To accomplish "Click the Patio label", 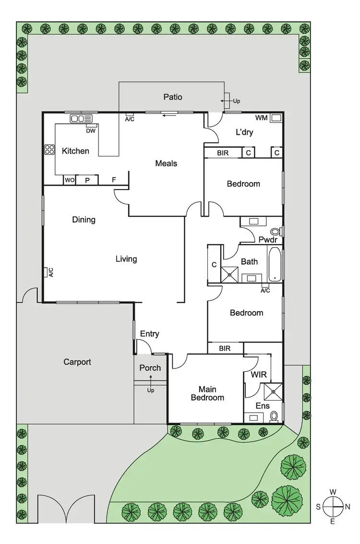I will (x=173, y=97).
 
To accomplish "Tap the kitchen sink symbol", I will (x=82, y=118).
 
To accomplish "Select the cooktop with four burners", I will (x=49, y=150).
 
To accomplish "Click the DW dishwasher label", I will (x=90, y=130).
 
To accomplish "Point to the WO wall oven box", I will (x=70, y=180).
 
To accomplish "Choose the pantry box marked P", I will (x=88, y=180).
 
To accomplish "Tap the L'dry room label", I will (x=244, y=133).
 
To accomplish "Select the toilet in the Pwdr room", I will (x=275, y=231).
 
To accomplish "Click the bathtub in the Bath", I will (x=275, y=264).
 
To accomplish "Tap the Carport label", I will (x=77, y=362).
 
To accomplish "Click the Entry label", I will (x=149, y=334).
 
